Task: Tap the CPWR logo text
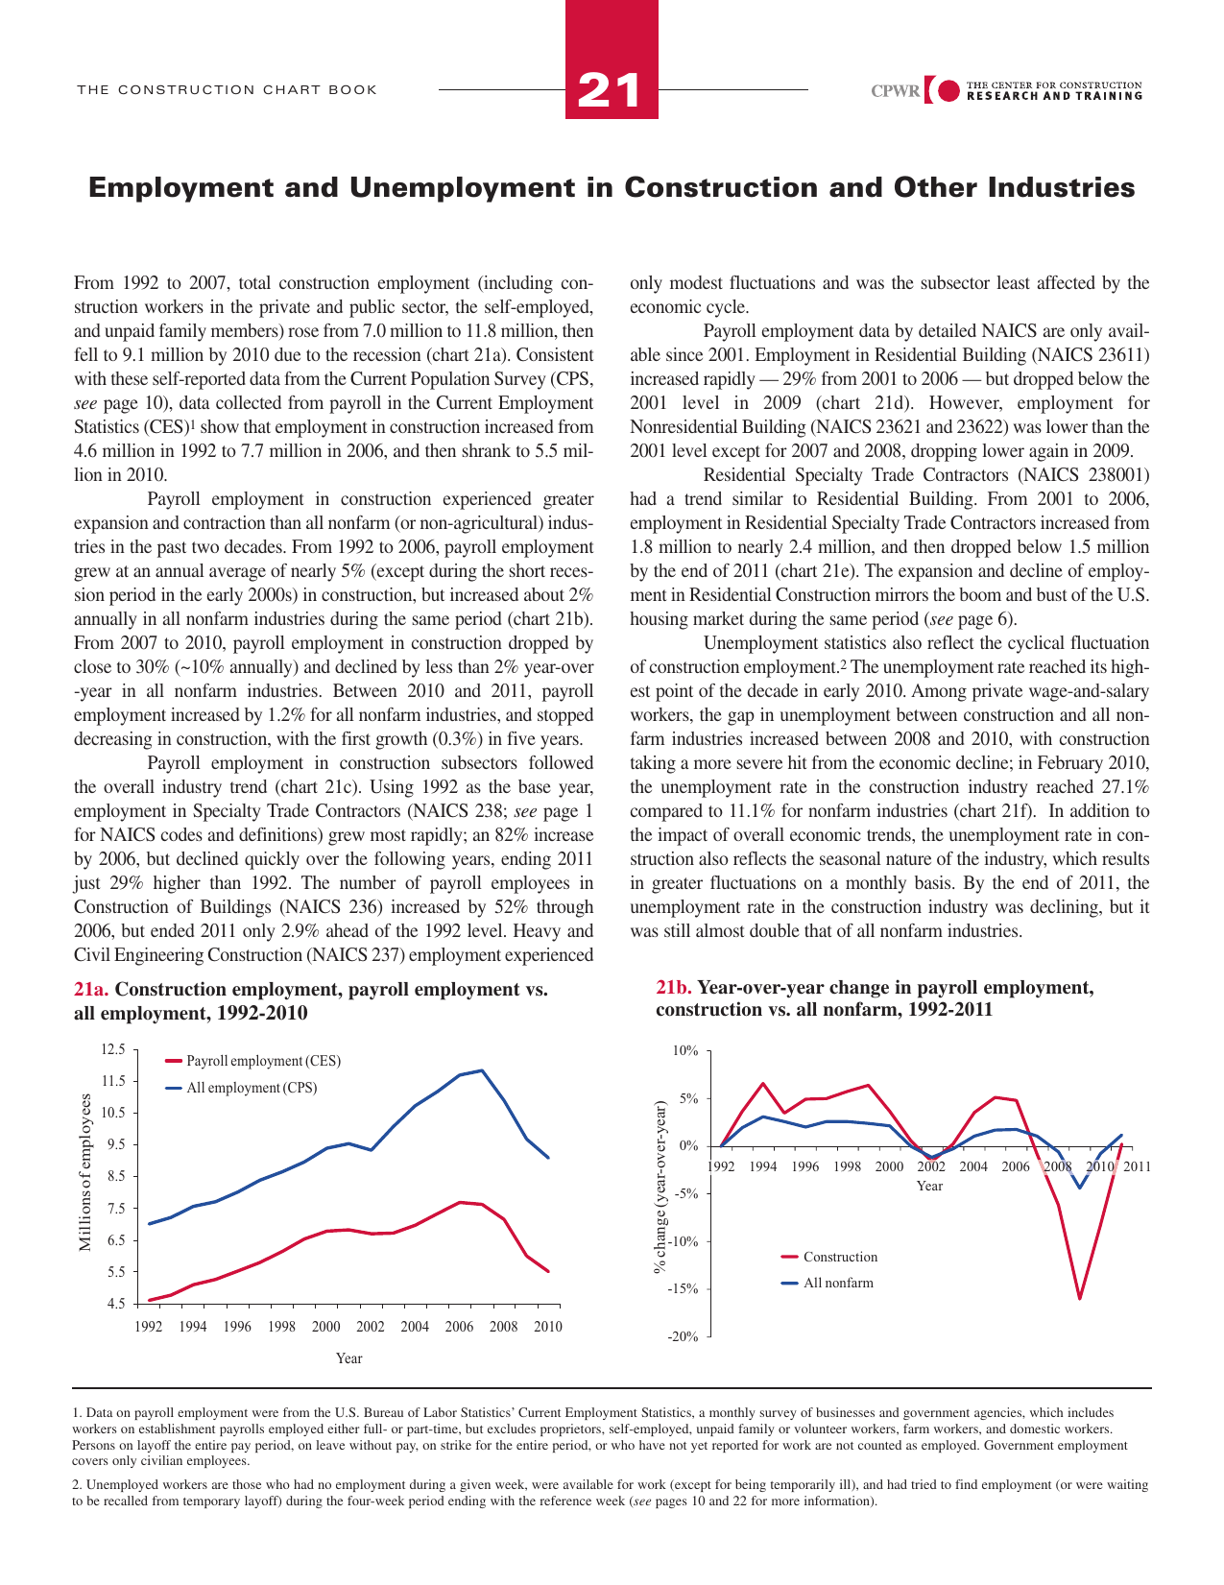(895, 92)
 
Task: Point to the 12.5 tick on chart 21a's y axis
(113, 1050)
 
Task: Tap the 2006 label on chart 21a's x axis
(459, 1327)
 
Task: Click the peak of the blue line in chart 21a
(482, 1070)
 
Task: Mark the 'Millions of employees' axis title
(85, 1172)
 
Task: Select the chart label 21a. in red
(91, 990)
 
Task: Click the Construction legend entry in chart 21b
(840, 1257)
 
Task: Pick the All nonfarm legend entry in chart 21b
(838, 1283)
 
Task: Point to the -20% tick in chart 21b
(683, 1336)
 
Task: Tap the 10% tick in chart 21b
(684, 1051)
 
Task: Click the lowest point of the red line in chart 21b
(1080, 1298)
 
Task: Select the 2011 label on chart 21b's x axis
(1137, 1166)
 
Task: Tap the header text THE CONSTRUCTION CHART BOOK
(228, 90)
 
